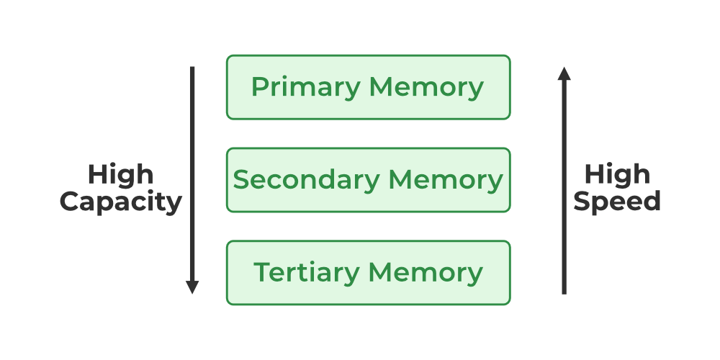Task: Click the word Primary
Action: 305,88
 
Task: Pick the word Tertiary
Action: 307,273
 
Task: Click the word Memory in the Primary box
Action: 426,88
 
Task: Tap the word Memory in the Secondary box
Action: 445,180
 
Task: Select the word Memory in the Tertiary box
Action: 425,273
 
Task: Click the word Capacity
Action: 121,202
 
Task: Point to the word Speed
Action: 617,202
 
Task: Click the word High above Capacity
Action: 121,174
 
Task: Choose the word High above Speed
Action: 617,174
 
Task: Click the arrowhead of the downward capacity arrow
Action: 192,287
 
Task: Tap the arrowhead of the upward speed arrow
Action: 564,73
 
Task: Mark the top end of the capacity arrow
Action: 192,68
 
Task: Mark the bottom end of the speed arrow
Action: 564,292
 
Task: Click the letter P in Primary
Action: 260,88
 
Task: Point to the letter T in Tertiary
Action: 261,273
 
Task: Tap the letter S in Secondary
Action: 242,180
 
